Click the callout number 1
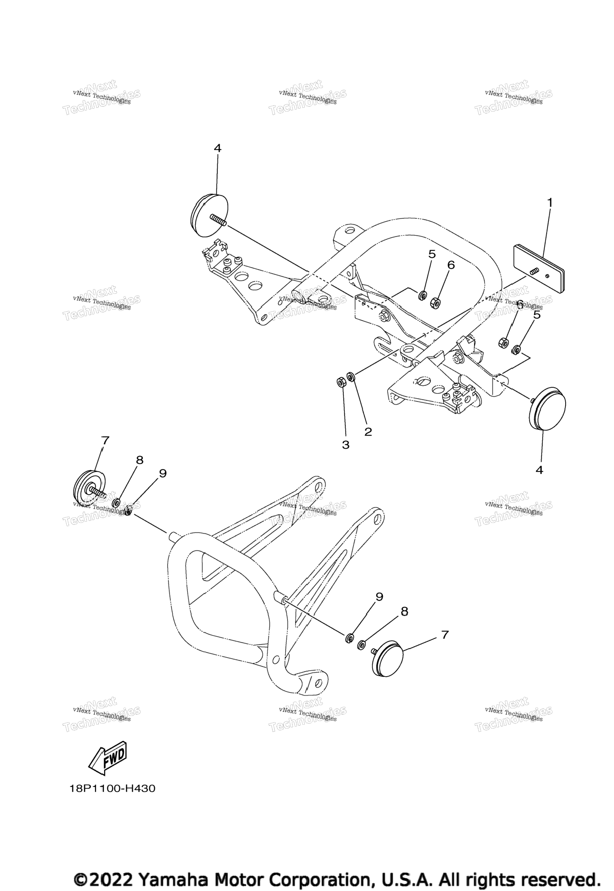(550, 202)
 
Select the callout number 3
(346, 445)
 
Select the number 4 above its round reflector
(217, 148)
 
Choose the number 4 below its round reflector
(539, 470)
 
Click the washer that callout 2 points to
(351, 376)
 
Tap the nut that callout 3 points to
(340, 382)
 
